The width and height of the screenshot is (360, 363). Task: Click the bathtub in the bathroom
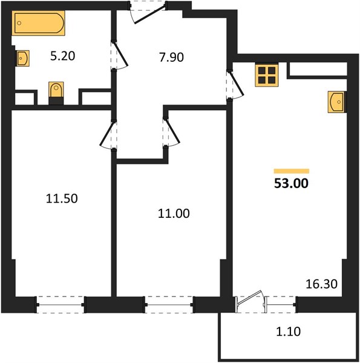coord(38,23)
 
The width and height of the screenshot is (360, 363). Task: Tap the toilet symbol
coord(56,93)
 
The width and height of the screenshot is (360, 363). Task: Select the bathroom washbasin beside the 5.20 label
coord(22,58)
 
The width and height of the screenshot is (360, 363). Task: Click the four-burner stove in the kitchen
coord(267,75)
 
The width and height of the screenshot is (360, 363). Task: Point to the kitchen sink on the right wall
coord(337,102)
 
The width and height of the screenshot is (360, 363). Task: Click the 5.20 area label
coord(62,56)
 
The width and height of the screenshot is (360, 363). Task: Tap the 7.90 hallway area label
coord(171,57)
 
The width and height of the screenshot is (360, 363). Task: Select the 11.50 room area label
coord(62,198)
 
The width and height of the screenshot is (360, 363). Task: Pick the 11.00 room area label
coord(174,214)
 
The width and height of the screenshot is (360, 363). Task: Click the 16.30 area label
coord(321,284)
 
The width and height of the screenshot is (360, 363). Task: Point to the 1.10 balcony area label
coord(289,332)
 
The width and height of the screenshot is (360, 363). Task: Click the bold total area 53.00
coord(291,183)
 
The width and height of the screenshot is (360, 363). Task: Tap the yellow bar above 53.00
coord(292,171)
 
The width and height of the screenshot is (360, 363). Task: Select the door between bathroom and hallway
coord(119,55)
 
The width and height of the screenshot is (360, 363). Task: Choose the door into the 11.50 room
coord(108,135)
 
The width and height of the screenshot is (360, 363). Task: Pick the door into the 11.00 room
coord(171,132)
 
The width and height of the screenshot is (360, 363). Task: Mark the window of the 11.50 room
coord(61,305)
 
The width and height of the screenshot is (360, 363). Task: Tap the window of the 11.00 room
coord(169,305)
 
